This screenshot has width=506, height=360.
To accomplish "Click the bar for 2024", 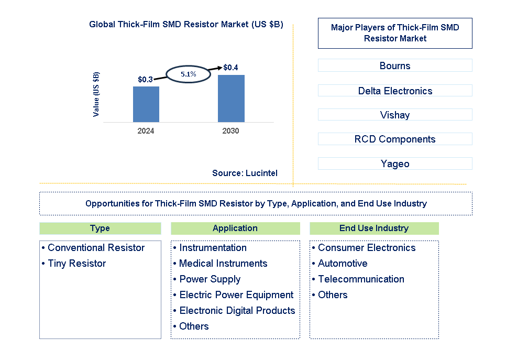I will click(146, 104).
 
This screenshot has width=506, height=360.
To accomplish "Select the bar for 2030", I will click(231, 99).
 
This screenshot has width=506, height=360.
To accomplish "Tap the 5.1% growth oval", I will click(189, 74).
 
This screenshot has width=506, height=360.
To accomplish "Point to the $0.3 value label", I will click(145, 80).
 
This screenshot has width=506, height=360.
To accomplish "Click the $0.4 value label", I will click(230, 68).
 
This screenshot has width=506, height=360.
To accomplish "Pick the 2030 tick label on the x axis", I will click(230, 131).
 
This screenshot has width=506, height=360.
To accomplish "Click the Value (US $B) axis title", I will click(96, 94).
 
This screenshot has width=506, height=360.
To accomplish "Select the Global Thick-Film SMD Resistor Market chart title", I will click(186, 25).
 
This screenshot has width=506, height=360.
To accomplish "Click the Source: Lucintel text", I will click(245, 173).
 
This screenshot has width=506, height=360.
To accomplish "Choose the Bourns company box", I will click(395, 66).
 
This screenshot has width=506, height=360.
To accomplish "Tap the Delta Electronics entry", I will click(395, 91).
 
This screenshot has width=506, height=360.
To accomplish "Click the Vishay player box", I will click(395, 115).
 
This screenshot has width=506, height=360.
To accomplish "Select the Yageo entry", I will click(395, 163).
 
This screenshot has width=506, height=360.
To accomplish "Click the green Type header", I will click(100, 228).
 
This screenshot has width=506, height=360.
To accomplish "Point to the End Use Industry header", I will click(374, 228).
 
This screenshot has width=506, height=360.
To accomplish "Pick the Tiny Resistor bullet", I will click(76, 264).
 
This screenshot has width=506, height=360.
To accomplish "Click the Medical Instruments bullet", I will click(223, 264).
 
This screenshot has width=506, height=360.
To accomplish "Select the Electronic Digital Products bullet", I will click(237, 311).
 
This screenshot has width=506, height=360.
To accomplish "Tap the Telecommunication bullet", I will click(361, 279).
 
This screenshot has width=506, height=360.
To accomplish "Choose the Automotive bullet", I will click(343, 264).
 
